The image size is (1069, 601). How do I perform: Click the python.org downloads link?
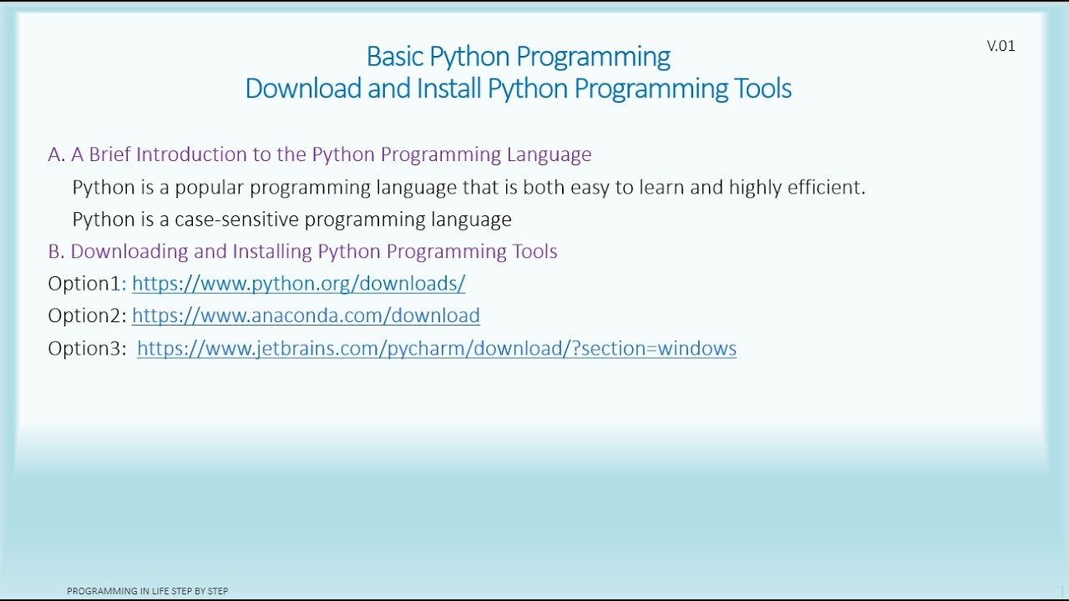298,284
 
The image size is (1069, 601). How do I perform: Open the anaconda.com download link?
306,316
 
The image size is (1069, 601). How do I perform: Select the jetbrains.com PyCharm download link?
436,348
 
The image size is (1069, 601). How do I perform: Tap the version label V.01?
1001,46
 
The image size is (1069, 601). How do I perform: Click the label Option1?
84,284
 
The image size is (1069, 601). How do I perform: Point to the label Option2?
86,316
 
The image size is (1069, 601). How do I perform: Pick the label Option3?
86,348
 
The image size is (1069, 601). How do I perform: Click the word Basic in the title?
396,57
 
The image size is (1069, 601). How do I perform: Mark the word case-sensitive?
236,220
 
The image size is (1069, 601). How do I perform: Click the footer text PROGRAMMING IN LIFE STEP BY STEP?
148,591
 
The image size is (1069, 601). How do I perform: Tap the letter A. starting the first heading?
56,154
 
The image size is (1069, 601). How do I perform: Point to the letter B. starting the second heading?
56,251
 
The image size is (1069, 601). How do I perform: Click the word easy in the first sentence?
590,187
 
